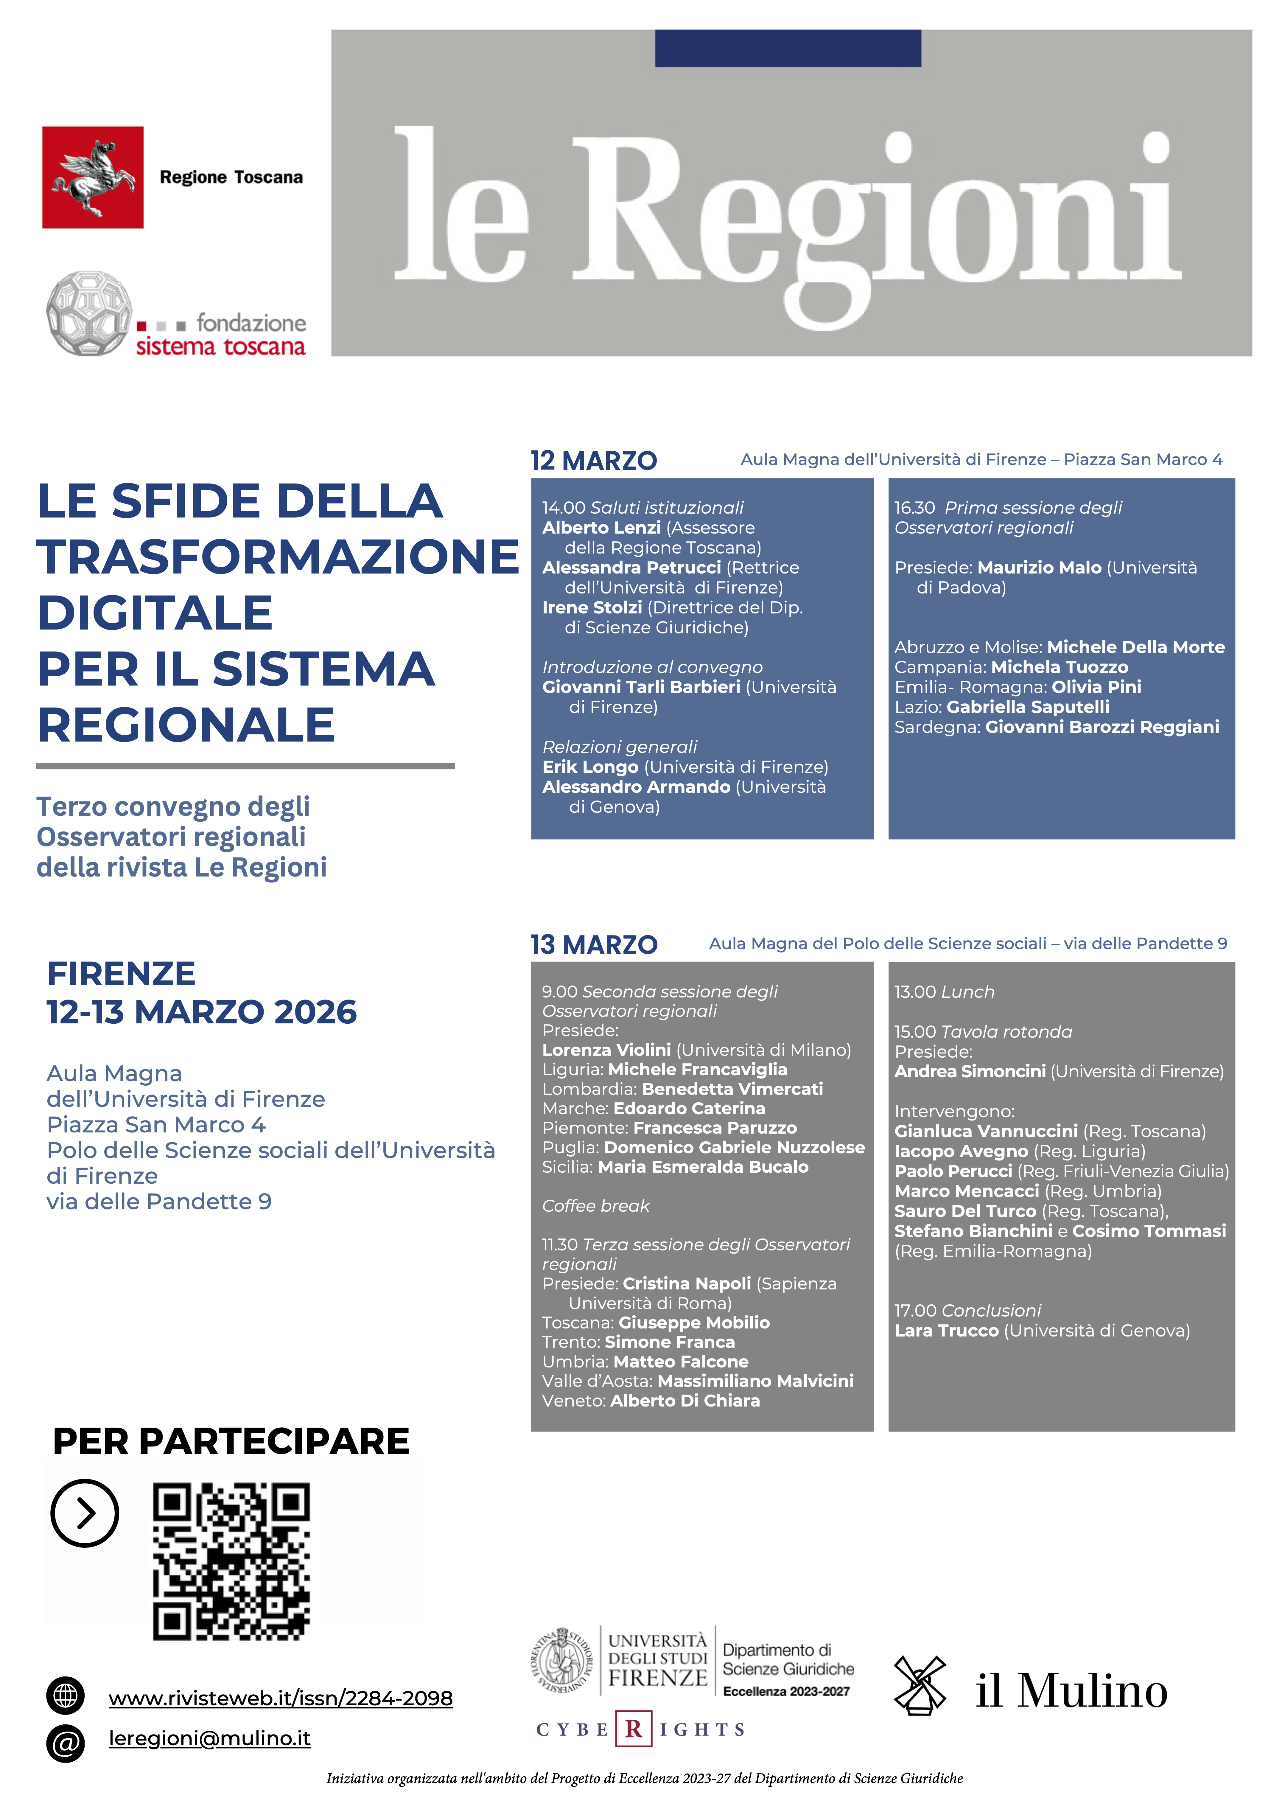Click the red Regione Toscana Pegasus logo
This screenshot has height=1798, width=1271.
tap(92, 177)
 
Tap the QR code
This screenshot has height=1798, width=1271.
tap(231, 1560)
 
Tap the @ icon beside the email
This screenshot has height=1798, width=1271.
tap(66, 1742)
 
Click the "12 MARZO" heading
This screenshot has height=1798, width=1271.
tap(594, 461)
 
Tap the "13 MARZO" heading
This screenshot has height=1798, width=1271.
tap(594, 944)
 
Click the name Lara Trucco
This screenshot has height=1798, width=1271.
tap(946, 1331)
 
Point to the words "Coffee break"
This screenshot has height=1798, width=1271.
tap(595, 1206)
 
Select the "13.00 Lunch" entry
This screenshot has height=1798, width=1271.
tap(944, 992)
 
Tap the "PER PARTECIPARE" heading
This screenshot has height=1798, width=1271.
tap(231, 1441)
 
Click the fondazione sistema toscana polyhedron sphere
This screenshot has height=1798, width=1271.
tap(88, 313)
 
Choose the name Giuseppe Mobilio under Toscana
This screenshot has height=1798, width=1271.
tap(694, 1323)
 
